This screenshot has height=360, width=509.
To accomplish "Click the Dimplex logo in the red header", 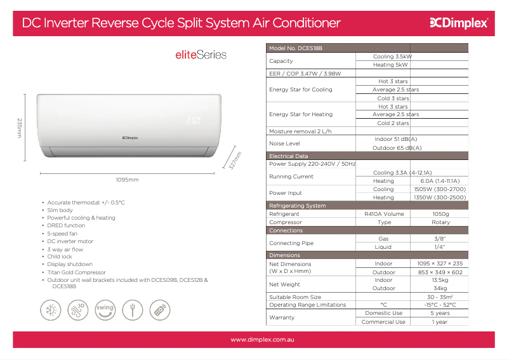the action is (459, 23).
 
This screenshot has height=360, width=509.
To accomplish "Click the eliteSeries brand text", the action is (201, 55).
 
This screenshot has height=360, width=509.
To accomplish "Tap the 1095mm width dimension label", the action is (127, 180).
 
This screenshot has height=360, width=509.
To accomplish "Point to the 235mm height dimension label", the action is (20, 128).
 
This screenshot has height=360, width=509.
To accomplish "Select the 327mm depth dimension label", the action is (235, 161).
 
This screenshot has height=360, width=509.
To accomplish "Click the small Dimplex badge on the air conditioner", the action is (130, 138).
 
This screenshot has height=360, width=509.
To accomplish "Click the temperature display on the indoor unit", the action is (193, 121).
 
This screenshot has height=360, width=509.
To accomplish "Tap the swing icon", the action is (105, 310).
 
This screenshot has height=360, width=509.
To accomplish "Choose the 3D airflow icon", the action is (78, 310).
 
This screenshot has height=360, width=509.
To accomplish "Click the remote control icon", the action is (160, 310).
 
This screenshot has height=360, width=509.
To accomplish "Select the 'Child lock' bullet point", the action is (60, 257).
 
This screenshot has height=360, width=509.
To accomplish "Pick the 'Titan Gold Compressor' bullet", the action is (77, 272).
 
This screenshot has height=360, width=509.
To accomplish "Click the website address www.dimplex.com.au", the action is (262, 340).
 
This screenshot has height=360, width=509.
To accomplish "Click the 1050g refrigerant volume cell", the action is (440, 214).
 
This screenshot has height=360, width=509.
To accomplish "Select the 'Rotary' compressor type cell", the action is (440, 222).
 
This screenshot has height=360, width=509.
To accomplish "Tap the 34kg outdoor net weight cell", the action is (440, 288).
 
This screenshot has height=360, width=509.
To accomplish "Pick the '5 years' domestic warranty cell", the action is (440, 313).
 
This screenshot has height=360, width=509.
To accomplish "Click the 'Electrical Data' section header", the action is (289, 156).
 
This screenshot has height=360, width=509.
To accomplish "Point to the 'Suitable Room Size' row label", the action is (295, 297).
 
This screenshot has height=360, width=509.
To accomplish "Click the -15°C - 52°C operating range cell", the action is (440, 305).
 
